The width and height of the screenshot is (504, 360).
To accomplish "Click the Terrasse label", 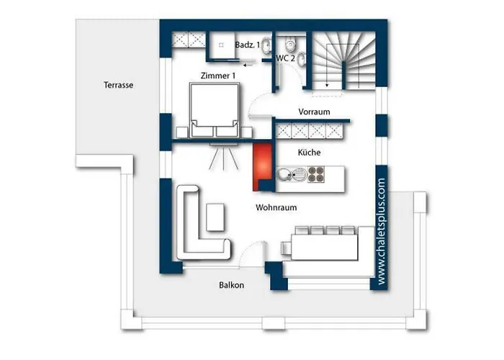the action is (118, 85).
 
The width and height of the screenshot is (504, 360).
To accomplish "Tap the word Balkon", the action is (231, 285).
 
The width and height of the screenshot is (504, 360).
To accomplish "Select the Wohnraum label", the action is (276, 207).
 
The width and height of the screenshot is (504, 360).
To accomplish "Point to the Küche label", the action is (309, 153).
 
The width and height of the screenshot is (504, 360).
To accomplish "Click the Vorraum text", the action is (314, 112).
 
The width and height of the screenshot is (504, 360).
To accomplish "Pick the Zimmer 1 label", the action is (218, 76).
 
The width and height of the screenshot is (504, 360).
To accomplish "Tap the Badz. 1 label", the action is (248, 45).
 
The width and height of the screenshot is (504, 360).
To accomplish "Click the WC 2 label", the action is (286, 58).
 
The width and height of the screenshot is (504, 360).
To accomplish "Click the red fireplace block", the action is (262, 166).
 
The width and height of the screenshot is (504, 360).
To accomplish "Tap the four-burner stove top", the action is (315, 174).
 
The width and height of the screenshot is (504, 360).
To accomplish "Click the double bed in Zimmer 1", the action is (215, 110).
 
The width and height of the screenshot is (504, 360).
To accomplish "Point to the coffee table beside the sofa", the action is (215, 217).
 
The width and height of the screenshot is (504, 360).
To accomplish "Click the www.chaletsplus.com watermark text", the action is (382, 231).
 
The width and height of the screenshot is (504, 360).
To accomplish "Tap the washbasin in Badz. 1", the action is (266, 45).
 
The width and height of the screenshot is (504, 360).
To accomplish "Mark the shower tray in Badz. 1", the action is (221, 45).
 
